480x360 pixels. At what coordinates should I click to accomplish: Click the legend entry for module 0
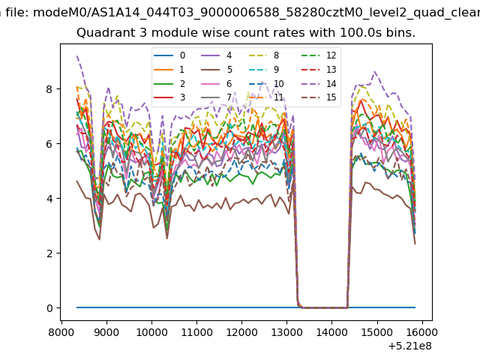click(x=169, y=55)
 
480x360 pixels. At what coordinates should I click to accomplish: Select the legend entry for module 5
click(x=217, y=70)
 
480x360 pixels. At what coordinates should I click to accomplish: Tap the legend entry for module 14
click(x=319, y=84)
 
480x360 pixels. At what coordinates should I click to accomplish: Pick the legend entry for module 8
click(x=264, y=55)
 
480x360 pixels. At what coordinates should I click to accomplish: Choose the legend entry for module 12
click(x=319, y=55)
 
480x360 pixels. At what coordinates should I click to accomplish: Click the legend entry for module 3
click(x=169, y=97)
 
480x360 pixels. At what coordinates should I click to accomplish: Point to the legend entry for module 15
click(x=319, y=97)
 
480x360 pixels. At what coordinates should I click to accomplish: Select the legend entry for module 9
click(x=264, y=70)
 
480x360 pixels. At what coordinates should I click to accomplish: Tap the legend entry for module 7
click(x=217, y=97)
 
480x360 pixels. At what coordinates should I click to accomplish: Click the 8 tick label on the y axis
click(x=49, y=89)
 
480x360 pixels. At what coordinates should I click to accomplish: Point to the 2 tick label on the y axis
click(x=49, y=253)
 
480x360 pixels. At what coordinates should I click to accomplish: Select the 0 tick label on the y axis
click(x=49, y=308)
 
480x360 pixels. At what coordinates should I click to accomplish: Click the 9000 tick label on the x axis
click(x=106, y=332)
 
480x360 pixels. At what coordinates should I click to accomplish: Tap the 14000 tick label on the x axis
click(x=331, y=332)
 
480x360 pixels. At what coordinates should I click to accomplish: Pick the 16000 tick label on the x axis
click(x=422, y=332)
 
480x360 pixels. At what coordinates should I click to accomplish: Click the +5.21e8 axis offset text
click(x=410, y=346)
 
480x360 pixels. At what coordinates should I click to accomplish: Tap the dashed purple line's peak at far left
click(x=77, y=56)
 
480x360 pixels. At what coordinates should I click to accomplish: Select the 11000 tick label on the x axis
click(x=196, y=332)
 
